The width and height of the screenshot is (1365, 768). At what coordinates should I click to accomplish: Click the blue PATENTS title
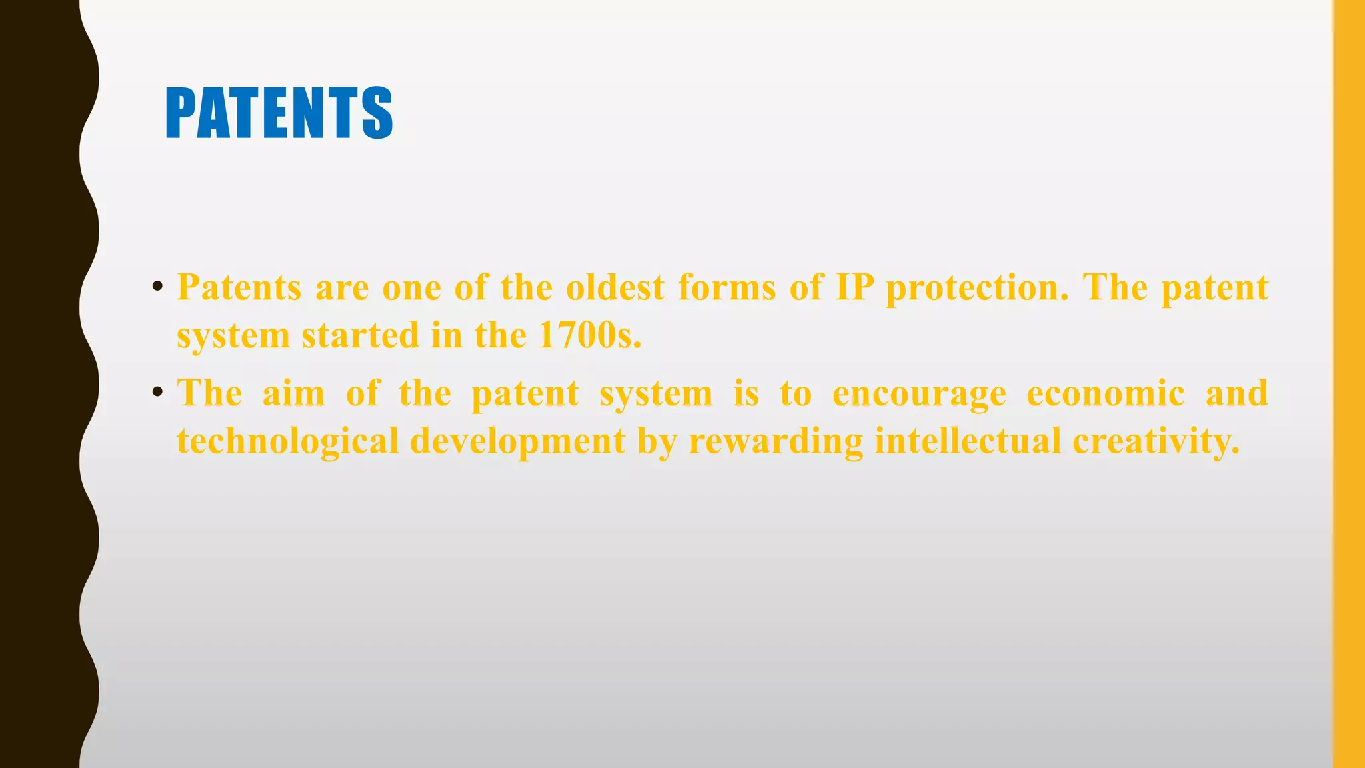[x=279, y=113]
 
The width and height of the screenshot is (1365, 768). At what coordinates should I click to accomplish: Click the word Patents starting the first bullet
[x=239, y=288]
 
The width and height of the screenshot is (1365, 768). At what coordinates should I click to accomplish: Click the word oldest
[x=615, y=288]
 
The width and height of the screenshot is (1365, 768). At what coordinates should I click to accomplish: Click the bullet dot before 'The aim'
[x=157, y=392]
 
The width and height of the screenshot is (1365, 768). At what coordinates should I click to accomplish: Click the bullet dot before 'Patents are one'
[x=157, y=287]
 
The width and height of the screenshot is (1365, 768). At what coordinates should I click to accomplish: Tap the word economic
[x=1105, y=393]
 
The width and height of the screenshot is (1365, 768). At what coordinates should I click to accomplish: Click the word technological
[x=287, y=441]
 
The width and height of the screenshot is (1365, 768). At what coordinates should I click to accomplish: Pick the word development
[x=517, y=441]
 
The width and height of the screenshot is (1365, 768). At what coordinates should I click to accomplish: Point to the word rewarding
[x=776, y=441]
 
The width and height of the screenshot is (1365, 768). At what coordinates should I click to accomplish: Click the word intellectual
[x=968, y=441]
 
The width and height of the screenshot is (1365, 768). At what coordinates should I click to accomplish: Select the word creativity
[x=1156, y=441]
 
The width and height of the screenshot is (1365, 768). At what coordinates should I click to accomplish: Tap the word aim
[x=293, y=393]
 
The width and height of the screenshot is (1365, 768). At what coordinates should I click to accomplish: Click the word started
[x=360, y=335]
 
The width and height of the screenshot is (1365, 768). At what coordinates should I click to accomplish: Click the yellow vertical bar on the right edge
[x=1349, y=384]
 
